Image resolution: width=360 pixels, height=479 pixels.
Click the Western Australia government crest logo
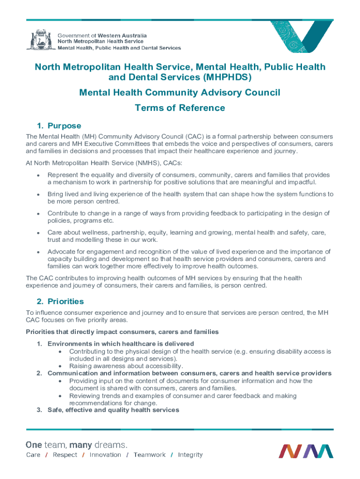point(40,40)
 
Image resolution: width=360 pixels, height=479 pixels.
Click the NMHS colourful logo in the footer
point(306,451)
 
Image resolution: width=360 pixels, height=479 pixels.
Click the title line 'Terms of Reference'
point(180,108)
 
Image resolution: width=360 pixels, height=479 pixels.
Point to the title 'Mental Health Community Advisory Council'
point(180,93)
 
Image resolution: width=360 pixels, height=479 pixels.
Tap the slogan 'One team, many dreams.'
point(76,444)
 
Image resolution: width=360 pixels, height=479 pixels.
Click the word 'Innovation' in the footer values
point(105,455)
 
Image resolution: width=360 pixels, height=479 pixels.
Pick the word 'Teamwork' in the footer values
point(149,455)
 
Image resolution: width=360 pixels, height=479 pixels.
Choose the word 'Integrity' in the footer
point(190,455)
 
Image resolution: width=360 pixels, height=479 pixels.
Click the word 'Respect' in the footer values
point(65,455)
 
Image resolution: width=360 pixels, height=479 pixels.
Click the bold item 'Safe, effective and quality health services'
point(113,410)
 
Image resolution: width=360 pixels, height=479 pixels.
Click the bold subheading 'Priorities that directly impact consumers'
point(122,332)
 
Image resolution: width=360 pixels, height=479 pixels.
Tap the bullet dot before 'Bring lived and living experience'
point(37,194)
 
